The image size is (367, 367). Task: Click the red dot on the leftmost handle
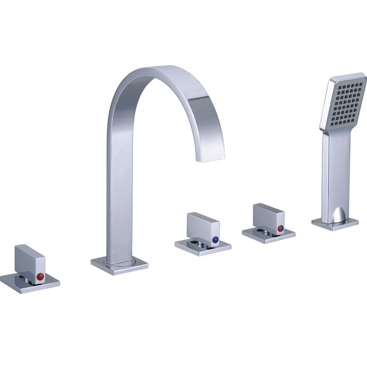point(40,276)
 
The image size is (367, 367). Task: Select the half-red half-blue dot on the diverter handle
point(280,228)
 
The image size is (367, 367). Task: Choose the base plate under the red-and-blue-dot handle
point(268,234)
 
